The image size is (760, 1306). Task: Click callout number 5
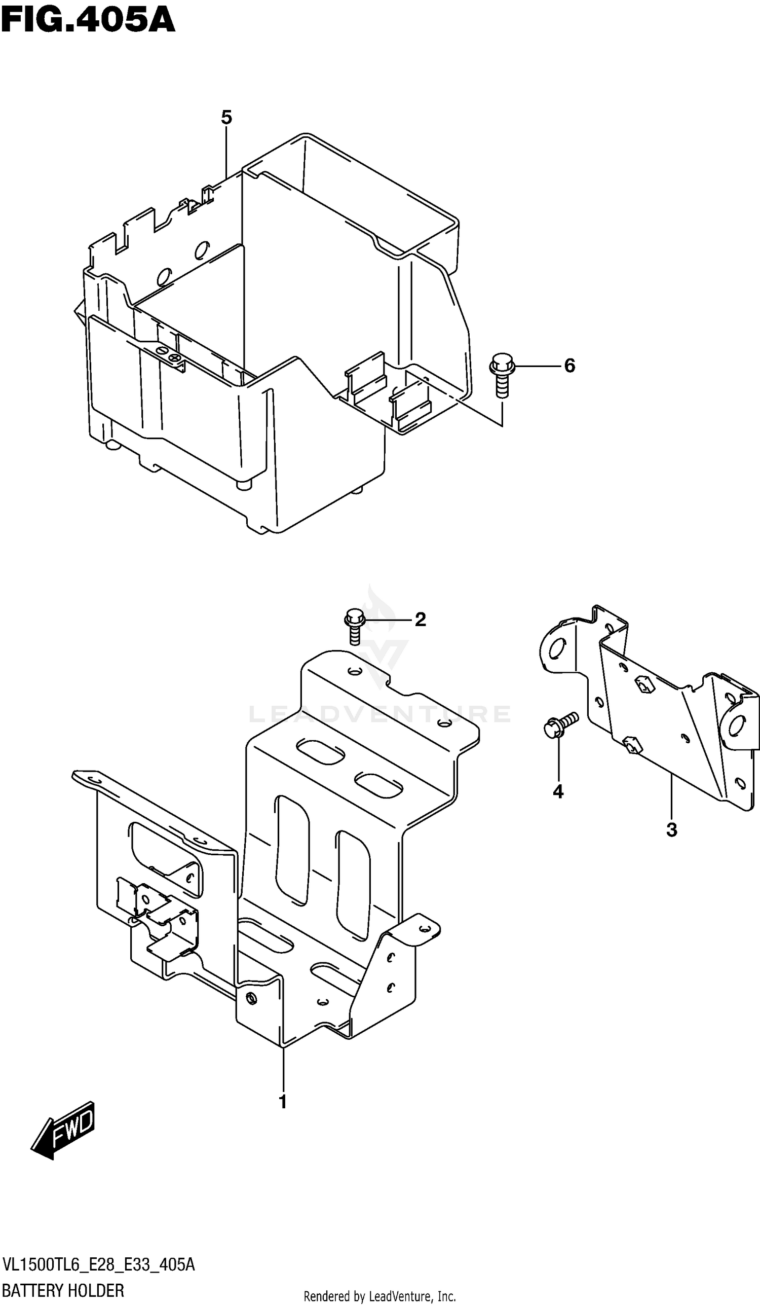pyautogui.click(x=226, y=118)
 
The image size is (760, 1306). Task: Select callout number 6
pyautogui.click(x=569, y=366)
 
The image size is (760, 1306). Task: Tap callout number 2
pyautogui.click(x=420, y=619)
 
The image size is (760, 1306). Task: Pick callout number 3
pyautogui.click(x=671, y=830)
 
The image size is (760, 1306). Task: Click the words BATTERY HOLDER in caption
pyautogui.click(x=63, y=1290)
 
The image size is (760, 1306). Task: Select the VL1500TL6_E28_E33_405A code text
pyautogui.click(x=98, y=1264)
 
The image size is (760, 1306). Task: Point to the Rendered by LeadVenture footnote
pyautogui.click(x=379, y=1296)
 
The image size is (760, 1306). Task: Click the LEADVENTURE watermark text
pyautogui.click(x=379, y=714)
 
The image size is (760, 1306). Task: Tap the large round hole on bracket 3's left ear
pyautogui.click(x=557, y=648)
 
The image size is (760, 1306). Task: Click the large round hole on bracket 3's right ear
pyautogui.click(x=737, y=726)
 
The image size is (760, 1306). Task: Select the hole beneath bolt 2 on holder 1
pyautogui.click(x=353, y=672)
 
